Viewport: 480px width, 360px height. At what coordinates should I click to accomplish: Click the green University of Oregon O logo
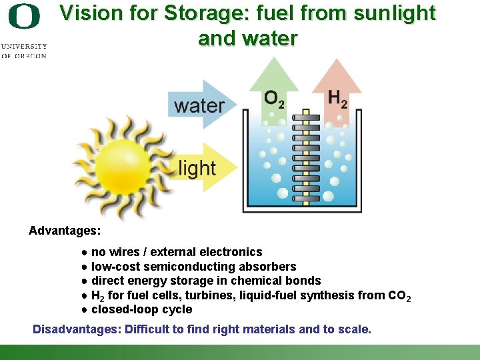tap(24, 16)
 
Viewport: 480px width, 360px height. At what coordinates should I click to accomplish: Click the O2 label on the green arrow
tap(273, 99)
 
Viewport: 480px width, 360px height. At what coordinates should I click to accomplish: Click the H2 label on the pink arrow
tap(337, 99)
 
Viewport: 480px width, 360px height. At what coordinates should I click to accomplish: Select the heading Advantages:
tap(65, 231)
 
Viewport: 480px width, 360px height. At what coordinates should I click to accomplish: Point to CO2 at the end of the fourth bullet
tap(399, 296)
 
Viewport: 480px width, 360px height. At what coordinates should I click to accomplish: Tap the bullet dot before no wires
tap(85, 253)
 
